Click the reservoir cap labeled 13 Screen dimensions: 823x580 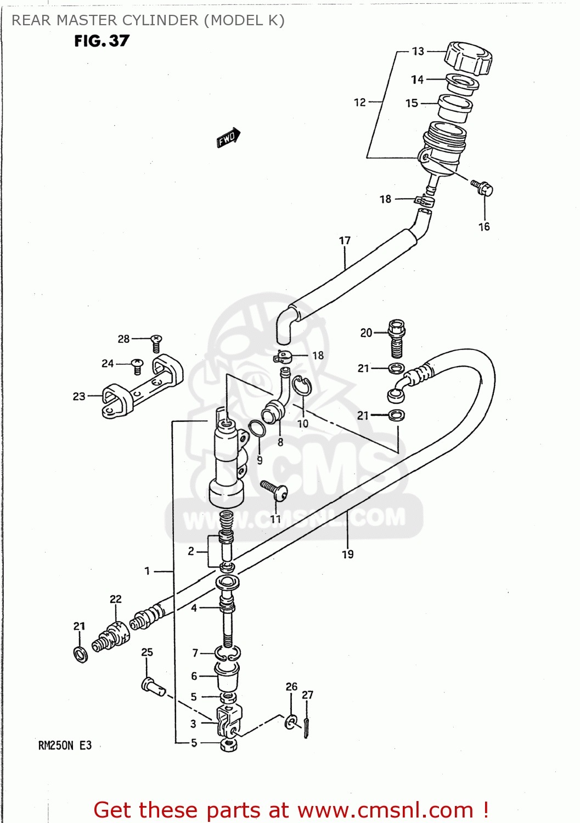pyautogui.click(x=468, y=58)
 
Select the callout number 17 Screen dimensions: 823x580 pyautogui.click(x=345, y=241)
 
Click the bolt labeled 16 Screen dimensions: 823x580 pyautogui.click(x=483, y=188)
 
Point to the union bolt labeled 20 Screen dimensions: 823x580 pyautogui.click(x=397, y=337)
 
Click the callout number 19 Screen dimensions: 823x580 pyautogui.click(x=348, y=555)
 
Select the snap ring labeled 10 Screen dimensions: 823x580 pyautogui.click(x=301, y=386)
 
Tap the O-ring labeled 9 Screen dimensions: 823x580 pyautogui.click(x=257, y=429)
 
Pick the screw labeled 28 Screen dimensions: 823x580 pyautogui.click(x=156, y=343)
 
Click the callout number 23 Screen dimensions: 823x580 pyautogui.click(x=79, y=396)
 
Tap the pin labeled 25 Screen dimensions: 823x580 pyautogui.click(x=153, y=686)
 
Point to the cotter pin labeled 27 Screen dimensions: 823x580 pyautogui.click(x=307, y=728)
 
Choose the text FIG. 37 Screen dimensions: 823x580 pyautogui.click(x=102, y=41)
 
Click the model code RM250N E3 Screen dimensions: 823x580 pyautogui.click(x=65, y=746)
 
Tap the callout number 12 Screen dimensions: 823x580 pyautogui.click(x=360, y=103)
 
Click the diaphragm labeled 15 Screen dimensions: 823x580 pyautogui.click(x=455, y=109)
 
